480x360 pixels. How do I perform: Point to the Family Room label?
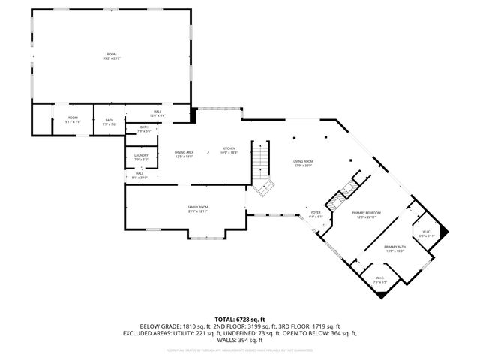point(198,208)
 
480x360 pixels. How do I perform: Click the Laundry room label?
point(141,157)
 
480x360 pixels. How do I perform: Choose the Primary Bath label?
point(394,248)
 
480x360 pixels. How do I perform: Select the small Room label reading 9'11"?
point(73,119)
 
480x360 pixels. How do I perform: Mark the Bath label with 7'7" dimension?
point(109,121)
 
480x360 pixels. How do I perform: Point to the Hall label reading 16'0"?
point(157,113)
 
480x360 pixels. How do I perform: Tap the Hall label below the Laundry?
point(139,175)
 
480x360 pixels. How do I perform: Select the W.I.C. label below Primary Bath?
point(379,280)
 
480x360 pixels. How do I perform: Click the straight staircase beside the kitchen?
point(260,158)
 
